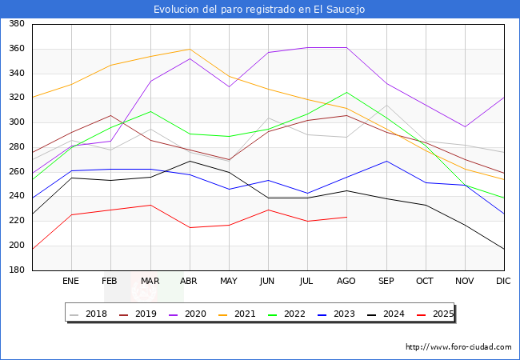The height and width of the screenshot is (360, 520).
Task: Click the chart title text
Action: click(x=259, y=9)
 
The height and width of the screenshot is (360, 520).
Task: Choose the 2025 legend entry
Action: click(x=442, y=314)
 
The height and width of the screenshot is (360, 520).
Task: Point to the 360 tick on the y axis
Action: click(x=16, y=49)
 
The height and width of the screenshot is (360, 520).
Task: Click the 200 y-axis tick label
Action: click(x=16, y=246)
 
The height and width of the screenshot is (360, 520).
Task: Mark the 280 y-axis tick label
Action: click(x=16, y=147)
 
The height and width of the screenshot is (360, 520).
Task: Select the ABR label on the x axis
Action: click(x=189, y=281)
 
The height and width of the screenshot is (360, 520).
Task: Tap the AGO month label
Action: click(x=346, y=281)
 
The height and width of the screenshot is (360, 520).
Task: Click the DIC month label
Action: click(x=503, y=281)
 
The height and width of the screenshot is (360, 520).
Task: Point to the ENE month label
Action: click(x=71, y=281)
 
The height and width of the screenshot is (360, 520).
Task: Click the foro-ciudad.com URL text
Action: click(x=458, y=347)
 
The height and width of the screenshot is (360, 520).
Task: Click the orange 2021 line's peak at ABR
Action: click(x=189, y=49)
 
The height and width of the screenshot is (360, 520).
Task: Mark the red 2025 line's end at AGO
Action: click(x=346, y=217)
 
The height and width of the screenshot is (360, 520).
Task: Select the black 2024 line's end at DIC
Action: click(x=504, y=250)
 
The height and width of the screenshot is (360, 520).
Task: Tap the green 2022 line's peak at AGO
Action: click(x=346, y=92)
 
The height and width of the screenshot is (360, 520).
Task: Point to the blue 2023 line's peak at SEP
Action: click(x=386, y=161)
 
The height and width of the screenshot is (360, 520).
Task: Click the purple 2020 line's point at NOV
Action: click(x=464, y=126)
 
